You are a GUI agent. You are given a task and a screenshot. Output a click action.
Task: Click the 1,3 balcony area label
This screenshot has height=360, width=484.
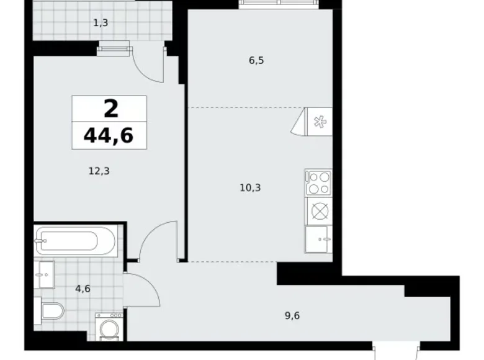tap(101, 24)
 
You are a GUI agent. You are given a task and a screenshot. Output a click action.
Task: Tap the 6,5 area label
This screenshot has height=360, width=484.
tap(256, 61)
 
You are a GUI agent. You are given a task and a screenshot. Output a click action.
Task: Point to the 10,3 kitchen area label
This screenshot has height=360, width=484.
tap(249, 186)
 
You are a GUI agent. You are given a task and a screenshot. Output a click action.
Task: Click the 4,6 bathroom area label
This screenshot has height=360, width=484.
tap(82, 288)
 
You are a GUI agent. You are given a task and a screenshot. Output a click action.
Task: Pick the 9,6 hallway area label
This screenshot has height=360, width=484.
tap(292, 315)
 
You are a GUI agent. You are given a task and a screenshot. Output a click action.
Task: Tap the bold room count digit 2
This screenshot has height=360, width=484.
tap(110, 109)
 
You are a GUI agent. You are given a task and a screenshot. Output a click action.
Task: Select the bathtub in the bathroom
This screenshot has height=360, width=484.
tap(75, 240)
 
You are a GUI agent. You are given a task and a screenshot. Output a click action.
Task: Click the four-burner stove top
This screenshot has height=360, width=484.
tap(318, 183)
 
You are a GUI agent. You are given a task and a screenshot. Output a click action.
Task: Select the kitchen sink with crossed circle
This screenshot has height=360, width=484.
tap(318, 211)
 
